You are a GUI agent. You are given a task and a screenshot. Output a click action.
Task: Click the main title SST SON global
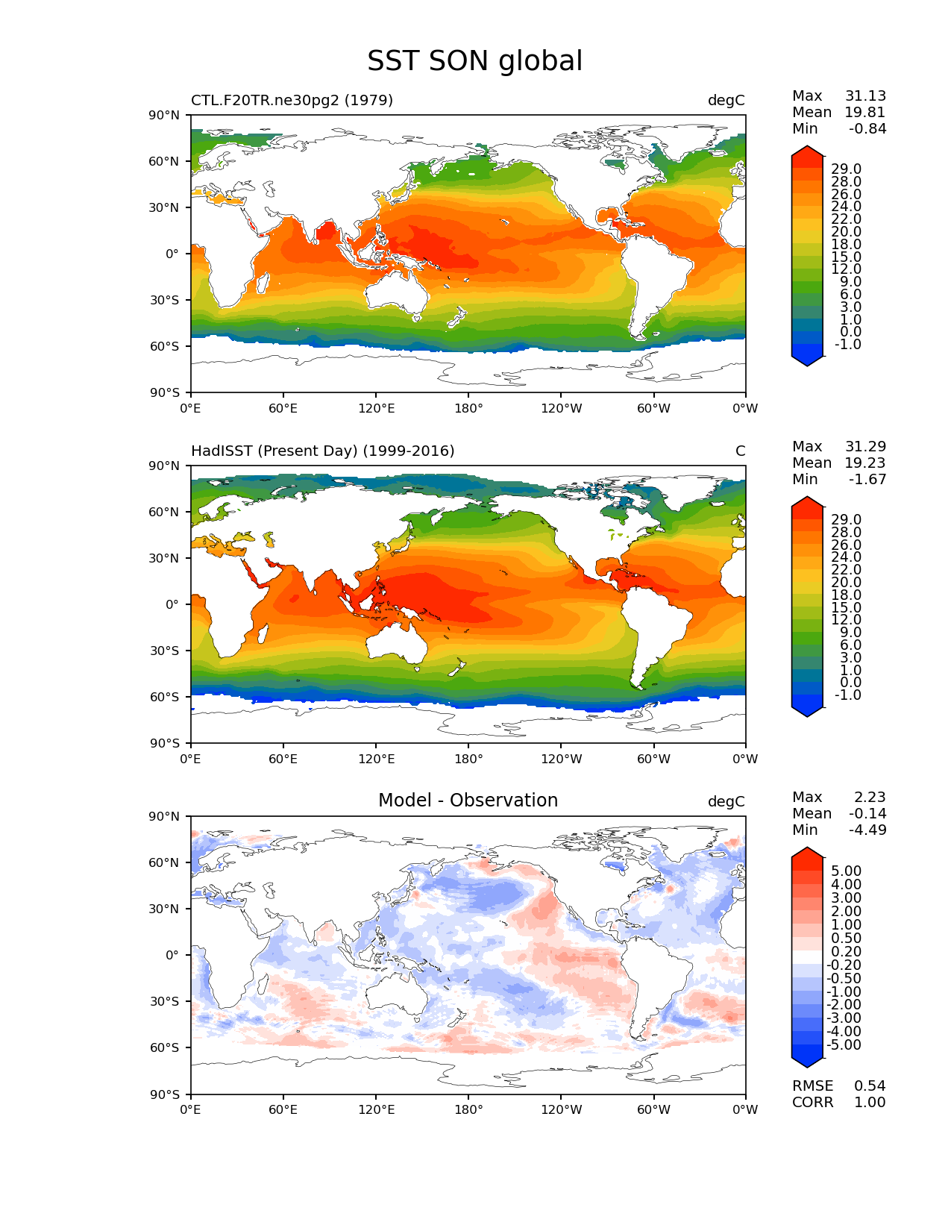(474, 61)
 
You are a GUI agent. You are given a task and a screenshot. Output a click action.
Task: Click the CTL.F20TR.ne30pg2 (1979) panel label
(292, 100)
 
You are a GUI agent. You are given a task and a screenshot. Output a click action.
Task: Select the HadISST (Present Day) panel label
(322, 451)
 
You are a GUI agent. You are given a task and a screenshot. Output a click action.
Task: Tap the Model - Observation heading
(468, 801)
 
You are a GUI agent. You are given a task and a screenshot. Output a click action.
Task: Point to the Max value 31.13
(865, 96)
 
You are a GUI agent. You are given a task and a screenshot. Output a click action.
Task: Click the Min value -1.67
(867, 480)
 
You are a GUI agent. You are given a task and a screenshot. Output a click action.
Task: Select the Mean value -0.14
(867, 814)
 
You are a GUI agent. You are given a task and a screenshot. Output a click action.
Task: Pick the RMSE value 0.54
(870, 1086)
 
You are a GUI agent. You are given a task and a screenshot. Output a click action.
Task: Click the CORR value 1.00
(870, 1103)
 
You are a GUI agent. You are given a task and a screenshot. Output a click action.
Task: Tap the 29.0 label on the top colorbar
(846, 169)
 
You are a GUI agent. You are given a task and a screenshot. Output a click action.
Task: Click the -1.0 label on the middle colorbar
(846, 695)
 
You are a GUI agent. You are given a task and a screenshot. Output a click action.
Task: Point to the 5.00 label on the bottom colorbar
(846, 871)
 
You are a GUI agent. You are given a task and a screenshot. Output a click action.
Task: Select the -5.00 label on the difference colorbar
(844, 1045)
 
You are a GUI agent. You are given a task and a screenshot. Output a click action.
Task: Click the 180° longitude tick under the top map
(468, 409)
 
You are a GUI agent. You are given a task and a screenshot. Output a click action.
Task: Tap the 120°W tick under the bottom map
(562, 1110)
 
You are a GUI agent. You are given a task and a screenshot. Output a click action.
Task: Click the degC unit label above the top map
(726, 101)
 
